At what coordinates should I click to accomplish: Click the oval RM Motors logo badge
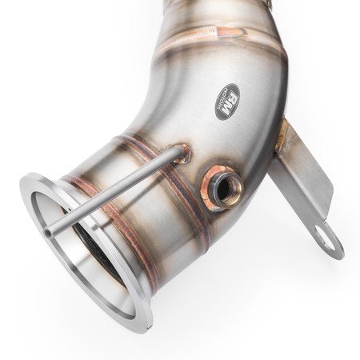click(227, 102)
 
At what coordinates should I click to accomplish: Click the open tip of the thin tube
click(49, 232)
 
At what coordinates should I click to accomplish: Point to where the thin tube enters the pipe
click(182, 152)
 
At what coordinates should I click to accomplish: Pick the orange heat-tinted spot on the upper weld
click(228, 32)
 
